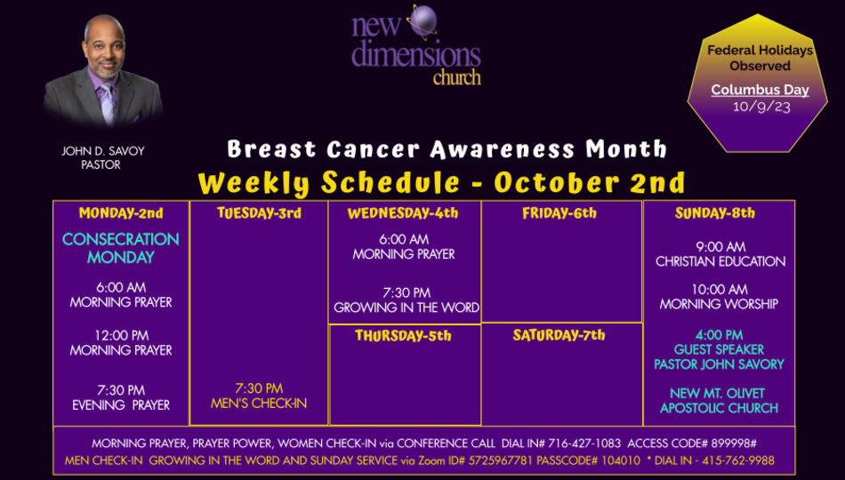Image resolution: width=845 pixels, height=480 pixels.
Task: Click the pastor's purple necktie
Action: pyautogui.click(x=107, y=103)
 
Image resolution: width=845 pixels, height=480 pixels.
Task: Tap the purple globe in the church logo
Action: pyautogui.click(x=423, y=20)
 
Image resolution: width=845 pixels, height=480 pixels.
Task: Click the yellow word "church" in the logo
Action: pyautogui.click(x=456, y=77)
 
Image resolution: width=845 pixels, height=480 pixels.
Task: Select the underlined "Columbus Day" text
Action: pyautogui.click(x=760, y=90)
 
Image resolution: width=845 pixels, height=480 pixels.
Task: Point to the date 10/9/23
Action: pyautogui.click(x=760, y=106)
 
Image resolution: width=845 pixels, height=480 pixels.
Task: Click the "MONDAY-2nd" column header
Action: pyautogui.click(x=121, y=213)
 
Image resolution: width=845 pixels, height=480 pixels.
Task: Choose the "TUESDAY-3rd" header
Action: pyautogui.click(x=259, y=213)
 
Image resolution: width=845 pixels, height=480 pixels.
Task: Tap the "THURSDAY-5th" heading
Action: pyautogui.click(x=403, y=336)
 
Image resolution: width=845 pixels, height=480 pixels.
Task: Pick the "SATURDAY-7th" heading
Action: pyautogui.click(x=559, y=336)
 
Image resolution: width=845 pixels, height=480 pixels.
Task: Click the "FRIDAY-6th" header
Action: pyautogui.click(x=559, y=213)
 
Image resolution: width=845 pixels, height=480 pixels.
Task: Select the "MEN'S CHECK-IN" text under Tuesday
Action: pyautogui.click(x=259, y=404)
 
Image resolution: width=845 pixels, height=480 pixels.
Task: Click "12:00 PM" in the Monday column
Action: pyautogui.click(x=121, y=336)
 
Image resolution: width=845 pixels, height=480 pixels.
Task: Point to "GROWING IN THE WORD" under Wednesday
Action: pyautogui.click(x=406, y=308)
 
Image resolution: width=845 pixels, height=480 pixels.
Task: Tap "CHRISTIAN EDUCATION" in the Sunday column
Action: pyautogui.click(x=720, y=261)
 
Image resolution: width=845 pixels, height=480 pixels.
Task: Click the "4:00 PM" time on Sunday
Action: pyautogui.click(x=719, y=335)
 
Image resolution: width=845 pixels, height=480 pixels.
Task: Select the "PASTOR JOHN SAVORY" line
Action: pyautogui.click(x=719, y=364)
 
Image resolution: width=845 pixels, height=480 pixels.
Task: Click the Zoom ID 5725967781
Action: pyautogui.click(x=501, y=460)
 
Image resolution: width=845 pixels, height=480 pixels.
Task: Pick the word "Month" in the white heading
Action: pyautogui.click(x=627, y=149)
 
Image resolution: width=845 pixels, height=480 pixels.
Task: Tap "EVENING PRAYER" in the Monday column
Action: pyautogui.click(x=121, y=405)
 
